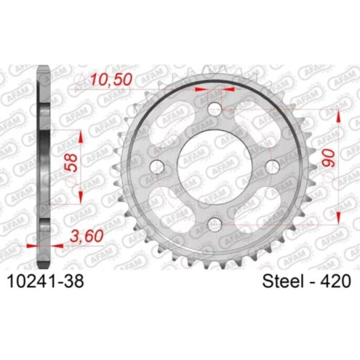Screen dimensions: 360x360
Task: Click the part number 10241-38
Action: [47, 281]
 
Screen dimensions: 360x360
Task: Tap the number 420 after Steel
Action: [333, 281]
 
